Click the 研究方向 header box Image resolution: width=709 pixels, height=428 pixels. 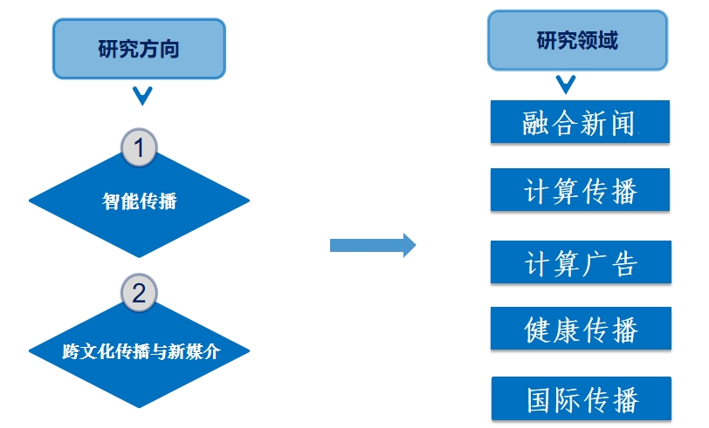tap(139, 48)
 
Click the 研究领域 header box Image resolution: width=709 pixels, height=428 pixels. tap(576, 40)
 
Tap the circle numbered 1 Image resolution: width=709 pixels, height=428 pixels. tap(139, 147)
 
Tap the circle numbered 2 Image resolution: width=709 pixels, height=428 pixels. tap(139, 293)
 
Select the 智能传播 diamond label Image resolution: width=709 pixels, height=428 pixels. tap(140, 201)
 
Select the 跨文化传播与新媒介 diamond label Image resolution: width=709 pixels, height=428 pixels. tap(140, 352)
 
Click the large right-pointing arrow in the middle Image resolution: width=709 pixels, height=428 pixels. tap(372, 245)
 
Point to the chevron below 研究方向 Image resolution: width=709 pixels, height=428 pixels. tap(140, 94)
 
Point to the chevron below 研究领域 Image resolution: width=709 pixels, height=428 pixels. tap(566, 85)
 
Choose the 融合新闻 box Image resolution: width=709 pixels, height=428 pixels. tap(580, 122)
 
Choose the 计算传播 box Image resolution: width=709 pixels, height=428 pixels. tap(580, 190)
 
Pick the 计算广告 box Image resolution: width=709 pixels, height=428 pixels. tap(580, 262)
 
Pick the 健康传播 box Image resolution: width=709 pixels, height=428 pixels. tap(580, 329)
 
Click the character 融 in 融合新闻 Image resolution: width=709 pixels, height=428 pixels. tap(537, 123)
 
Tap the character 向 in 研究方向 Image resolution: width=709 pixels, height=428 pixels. tap(169, 48)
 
